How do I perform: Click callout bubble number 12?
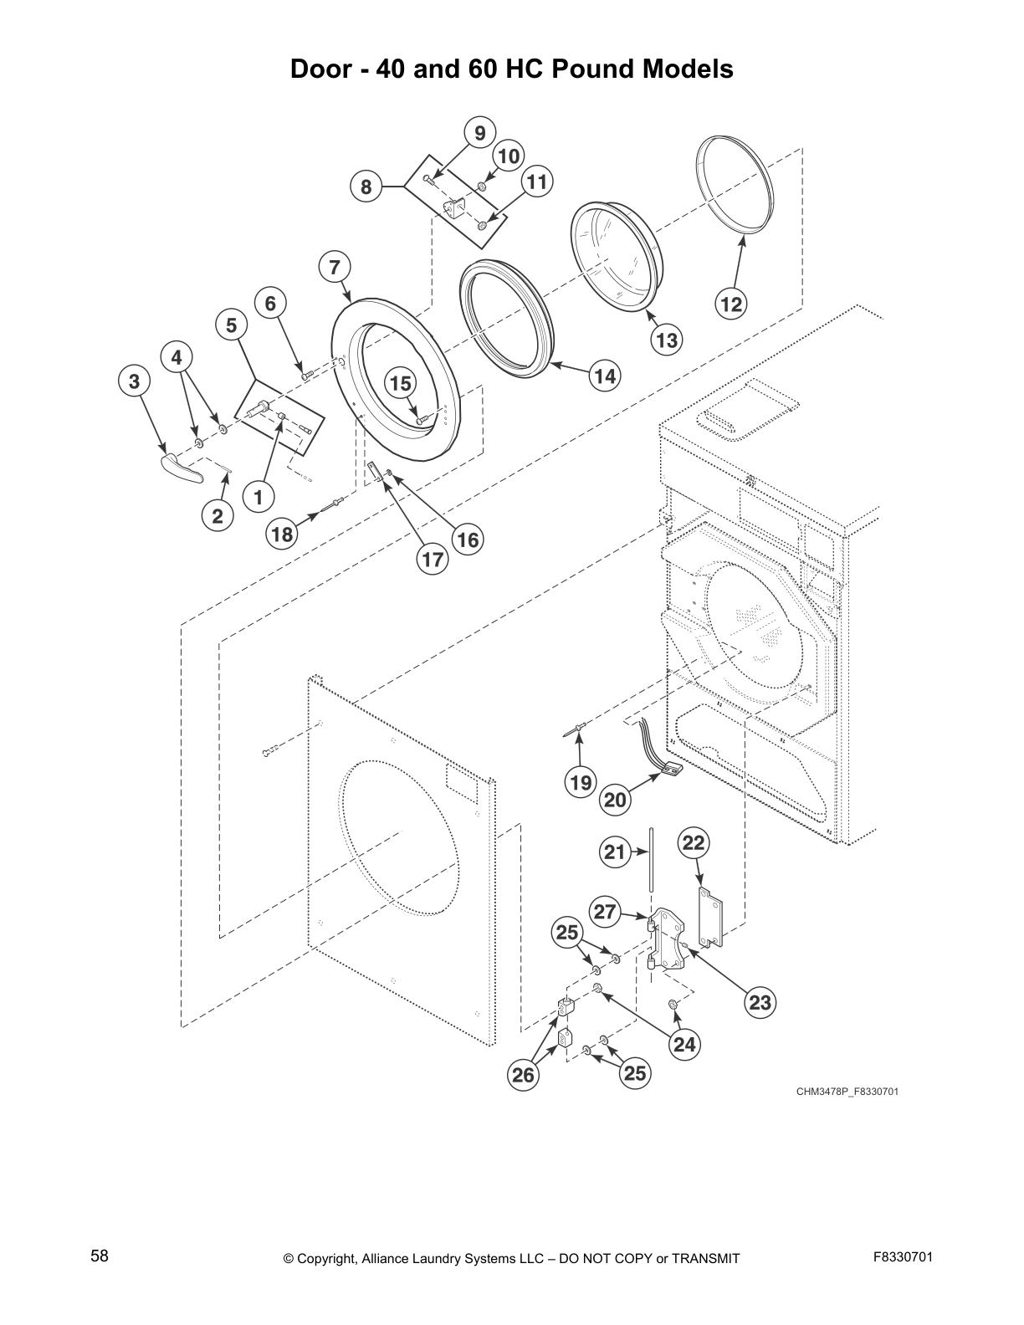731,304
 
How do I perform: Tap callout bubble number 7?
335,268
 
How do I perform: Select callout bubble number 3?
134,381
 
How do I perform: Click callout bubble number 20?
615,800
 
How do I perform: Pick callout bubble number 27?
606,912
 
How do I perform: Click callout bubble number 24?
684,1044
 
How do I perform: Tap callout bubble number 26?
523,1075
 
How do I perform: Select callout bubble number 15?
401,383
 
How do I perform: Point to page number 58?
100,1256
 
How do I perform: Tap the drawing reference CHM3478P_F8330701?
847,1092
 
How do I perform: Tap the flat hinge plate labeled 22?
709,917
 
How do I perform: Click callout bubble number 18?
283,533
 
